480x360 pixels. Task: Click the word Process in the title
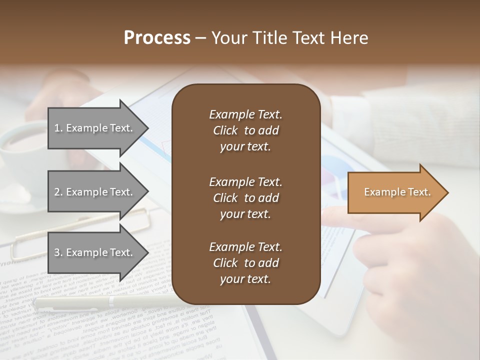click(157, 38)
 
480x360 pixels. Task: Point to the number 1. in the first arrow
click(58, 128)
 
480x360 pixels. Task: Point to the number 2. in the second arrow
click(58, 192)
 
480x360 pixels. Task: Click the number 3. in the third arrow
click(58, 252)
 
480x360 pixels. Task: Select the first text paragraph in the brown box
click(245, 130)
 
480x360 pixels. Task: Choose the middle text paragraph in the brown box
click(245, 197)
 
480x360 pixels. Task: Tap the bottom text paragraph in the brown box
click(245, 263)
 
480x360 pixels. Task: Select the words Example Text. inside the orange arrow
click(397, 192)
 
